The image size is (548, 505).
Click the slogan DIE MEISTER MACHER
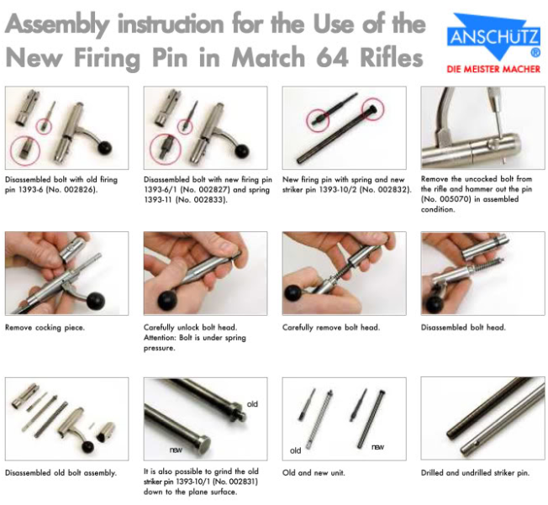494,69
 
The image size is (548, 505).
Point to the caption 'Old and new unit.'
313,473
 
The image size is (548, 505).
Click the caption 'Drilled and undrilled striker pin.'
475,473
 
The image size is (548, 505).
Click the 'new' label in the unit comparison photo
377,446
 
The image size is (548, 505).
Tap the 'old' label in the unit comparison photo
295,450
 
